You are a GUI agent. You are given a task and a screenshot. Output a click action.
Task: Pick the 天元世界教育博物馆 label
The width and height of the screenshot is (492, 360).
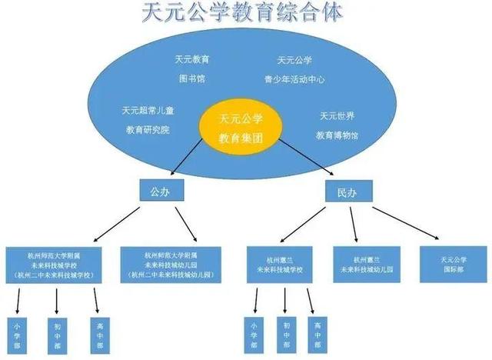[x=337, y=125]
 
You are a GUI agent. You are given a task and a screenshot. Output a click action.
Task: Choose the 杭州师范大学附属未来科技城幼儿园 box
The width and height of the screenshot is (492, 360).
[x=171, y=263]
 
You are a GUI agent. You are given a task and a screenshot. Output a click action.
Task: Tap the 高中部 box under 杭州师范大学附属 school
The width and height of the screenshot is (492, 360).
[x=97, y=334]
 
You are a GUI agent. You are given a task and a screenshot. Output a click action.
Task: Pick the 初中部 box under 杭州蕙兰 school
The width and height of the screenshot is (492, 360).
[x=286, y=334]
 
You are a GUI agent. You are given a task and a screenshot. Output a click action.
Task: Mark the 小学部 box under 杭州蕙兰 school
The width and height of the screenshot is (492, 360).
[x=254, y=334]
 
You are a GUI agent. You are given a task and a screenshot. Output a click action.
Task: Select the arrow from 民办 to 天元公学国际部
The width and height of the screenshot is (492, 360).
[x=407, y=221]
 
